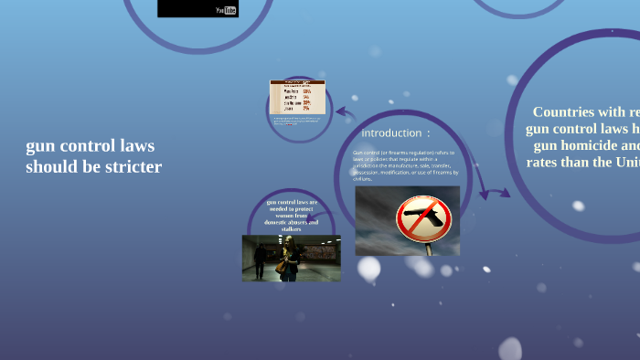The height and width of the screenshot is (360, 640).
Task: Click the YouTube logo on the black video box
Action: click(x=227, y=10)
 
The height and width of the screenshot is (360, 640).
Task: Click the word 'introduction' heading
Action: click(x=391, y=133)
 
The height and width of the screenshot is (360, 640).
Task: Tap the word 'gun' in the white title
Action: click(x=38, y=146)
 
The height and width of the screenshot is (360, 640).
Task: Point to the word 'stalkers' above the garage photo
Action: click(x=292, y=228)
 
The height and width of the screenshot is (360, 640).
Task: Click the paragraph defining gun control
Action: click(x=405, y=165)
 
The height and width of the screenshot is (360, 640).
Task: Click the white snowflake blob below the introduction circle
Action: click(x=368, y=268)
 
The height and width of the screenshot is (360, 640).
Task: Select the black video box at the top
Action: click(x=197, y=8)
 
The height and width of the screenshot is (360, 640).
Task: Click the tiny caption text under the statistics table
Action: click(x=295, y=121)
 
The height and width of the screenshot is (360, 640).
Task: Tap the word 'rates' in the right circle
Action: click(x=545, y=162)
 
